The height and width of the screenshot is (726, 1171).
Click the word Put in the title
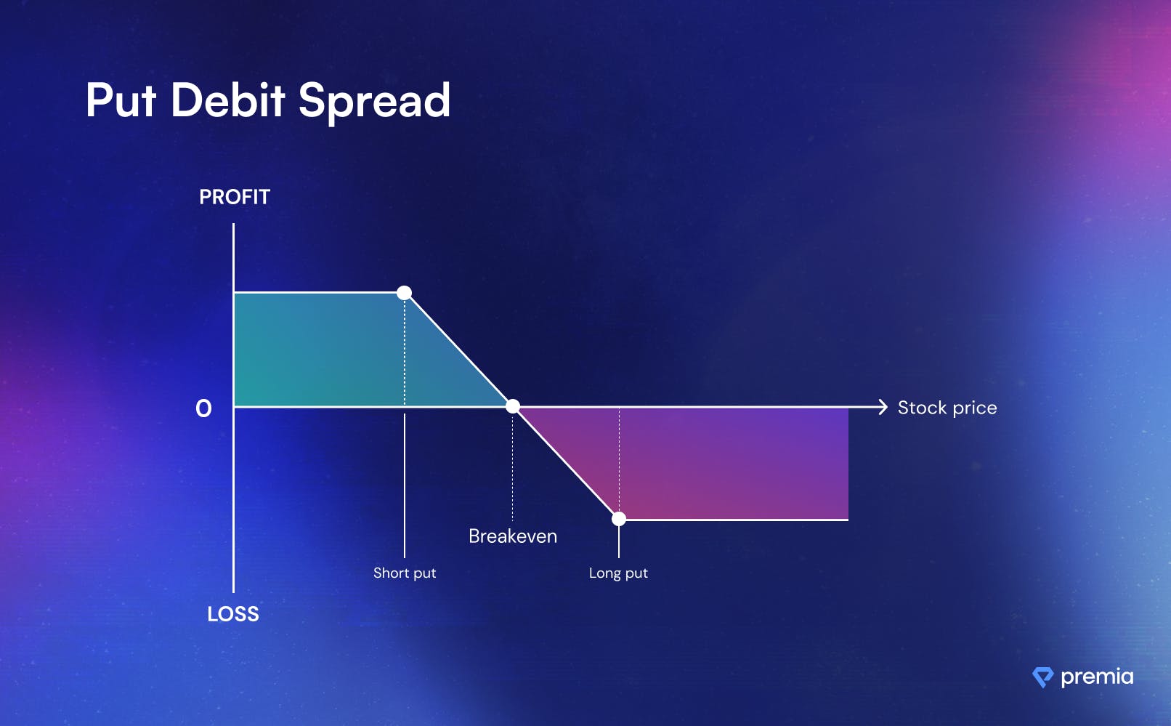click(121, 100)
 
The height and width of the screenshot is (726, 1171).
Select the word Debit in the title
click(228, 100)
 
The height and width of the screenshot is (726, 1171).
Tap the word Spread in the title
click(374, 104)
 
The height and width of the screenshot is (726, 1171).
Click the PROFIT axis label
click(235, 197)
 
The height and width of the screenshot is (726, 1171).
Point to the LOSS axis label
click(233, 614)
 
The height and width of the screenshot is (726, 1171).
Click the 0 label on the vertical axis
click(204, 408)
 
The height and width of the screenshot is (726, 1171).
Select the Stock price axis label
click(947, 408)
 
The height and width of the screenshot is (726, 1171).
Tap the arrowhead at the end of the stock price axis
click(883, 407)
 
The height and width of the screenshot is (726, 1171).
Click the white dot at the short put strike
click(404, 292)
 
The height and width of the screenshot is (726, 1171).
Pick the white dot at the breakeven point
click(513, 406)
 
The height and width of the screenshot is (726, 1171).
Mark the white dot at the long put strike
click(619, 519)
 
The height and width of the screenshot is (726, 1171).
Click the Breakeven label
click(513, 536)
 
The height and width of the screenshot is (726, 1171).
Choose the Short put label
click(405, 573)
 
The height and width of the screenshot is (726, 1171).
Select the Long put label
click(618, 573)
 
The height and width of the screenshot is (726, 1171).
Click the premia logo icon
click(1042, 677)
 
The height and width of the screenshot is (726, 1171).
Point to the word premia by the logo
click(1098, 677)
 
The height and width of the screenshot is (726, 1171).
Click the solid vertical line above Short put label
click(405, 486)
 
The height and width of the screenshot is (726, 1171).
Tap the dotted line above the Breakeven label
click(513, 467)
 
